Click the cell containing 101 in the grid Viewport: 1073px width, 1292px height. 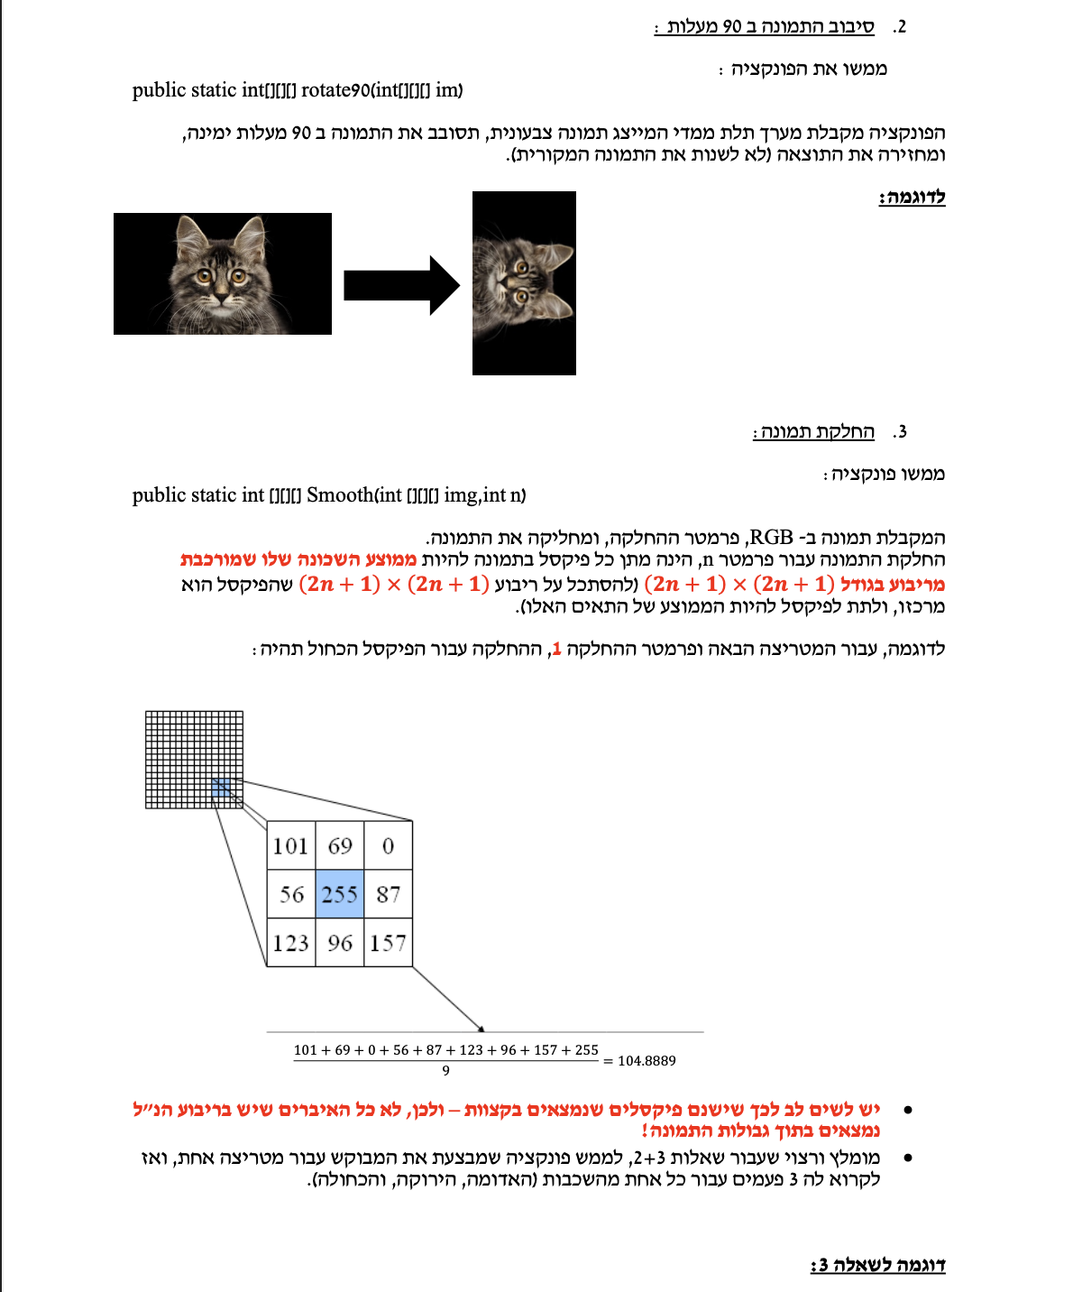coord(290,845)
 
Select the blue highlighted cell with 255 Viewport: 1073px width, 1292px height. coord(340,894)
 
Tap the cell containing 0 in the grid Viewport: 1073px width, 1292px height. coord(389,845)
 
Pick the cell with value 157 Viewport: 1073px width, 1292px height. coord(389,943)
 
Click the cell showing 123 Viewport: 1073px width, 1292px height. coord(290,943)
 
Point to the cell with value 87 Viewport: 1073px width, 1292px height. coord(389,894)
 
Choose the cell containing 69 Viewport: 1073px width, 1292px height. coord(340,845)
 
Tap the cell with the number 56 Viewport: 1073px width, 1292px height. coord(290,894)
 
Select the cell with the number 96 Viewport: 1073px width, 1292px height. coord(340,943)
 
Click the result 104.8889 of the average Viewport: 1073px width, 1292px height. coord(647,1061)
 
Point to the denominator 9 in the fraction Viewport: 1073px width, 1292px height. coord(445,1071)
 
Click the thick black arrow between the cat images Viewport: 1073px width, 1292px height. coord(401,285)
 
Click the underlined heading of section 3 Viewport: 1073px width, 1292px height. coord(813,432)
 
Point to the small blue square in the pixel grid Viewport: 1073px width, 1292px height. coord(222,789)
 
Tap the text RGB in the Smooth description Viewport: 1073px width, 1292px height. coord(771,538)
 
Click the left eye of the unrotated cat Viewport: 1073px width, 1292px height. coord(206,275)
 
